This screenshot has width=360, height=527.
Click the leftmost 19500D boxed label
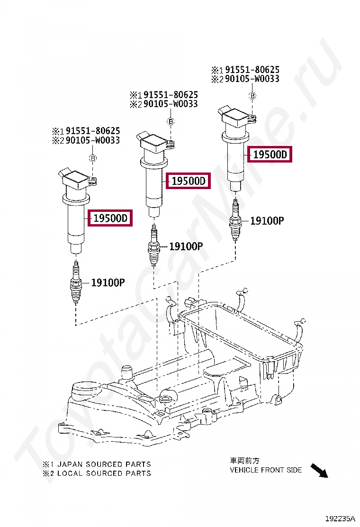click(110, 218)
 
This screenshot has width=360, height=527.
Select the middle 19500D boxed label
click(188, 181)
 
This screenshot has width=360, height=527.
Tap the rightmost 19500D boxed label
click(270, 154)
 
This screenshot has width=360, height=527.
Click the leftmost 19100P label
click(108, 283)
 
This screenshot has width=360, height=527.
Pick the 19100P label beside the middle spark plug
click(186, 246)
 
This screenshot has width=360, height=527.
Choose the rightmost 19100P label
click(267, 220)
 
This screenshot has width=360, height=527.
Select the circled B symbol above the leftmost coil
click(93, 158)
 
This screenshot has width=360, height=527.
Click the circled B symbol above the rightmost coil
click(253, 96)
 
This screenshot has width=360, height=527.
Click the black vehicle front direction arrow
click(319, 470)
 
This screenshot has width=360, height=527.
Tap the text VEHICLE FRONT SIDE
click(266, 470)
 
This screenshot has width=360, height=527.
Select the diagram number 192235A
click(340, 518)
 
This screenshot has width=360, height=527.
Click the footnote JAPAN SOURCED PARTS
click(97, 464)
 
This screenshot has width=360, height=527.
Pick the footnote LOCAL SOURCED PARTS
click(97, 473)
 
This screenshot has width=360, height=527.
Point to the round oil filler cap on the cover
click(84, 391)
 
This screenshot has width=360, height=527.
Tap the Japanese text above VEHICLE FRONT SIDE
click(245, 461)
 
